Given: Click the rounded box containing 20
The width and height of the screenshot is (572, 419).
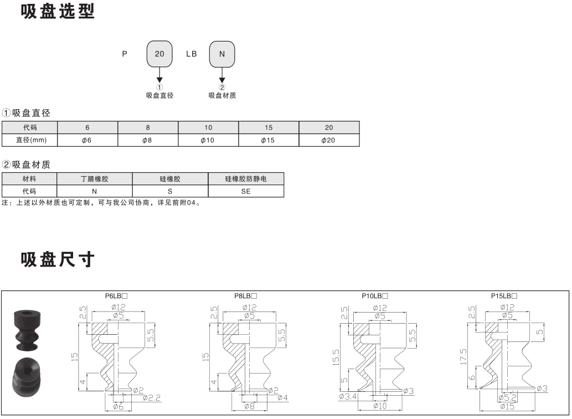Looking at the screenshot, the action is (x=159, y=54).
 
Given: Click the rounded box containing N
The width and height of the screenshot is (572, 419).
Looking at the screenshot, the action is (x=222, y=54).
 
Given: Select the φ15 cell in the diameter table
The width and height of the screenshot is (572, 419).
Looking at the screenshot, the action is (x=269, y=140).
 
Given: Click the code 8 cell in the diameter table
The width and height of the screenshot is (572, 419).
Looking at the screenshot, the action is (x=148, y=127).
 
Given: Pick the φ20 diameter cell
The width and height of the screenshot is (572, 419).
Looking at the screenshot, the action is (x=329, y=140).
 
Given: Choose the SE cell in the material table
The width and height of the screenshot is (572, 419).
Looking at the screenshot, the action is (x=246, y=191).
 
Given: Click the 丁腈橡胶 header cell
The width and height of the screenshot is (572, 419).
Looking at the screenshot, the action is (x=95, y=179).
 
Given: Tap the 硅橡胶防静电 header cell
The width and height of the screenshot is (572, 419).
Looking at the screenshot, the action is (x=246, y=179).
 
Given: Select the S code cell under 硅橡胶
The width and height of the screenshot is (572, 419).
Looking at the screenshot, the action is (x=170, y=191).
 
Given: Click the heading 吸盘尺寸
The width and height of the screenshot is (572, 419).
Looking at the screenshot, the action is (x=58, y=259).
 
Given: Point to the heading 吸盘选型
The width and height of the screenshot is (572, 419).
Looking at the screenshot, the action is (x=58, y=11).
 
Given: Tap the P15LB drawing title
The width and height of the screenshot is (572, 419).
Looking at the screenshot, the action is (x=504, y=296).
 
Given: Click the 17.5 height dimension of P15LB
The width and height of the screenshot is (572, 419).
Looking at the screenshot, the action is (x=463, y=356).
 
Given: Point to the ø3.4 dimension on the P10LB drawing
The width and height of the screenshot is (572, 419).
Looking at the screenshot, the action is (x=348, y=396).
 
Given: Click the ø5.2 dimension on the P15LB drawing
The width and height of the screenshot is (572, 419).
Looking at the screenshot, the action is (x=507, y=397).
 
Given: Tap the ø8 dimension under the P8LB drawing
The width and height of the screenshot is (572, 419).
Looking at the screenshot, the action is (x=250, y=406).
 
